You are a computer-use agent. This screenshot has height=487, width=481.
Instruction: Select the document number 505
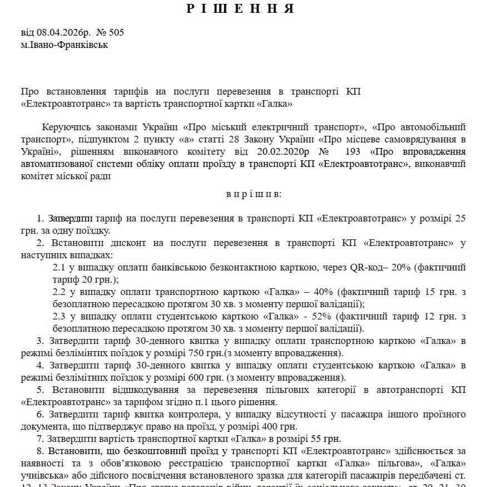116,32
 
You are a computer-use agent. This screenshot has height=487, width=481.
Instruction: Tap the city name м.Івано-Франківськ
65,45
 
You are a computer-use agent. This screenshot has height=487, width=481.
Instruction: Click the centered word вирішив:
254,194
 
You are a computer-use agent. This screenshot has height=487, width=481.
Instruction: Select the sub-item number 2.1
59,267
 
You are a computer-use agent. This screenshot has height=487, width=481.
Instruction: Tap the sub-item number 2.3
59,316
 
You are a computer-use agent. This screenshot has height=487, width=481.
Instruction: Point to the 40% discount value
325,292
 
